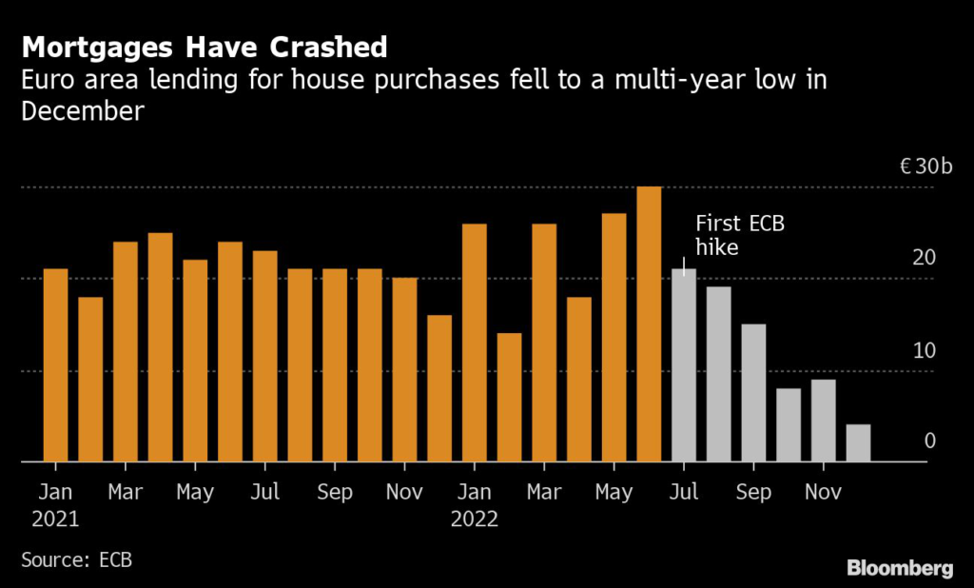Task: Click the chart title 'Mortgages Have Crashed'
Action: coord(205,47)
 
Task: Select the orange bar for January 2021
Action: coord(56,365)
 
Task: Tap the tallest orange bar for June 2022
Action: coord(649,324)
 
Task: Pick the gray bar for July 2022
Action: coord(684,365)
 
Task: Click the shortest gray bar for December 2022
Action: coord(858,443)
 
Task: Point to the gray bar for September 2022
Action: coord(753,393)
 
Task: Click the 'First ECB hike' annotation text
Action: coord(740,235)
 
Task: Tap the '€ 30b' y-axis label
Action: coord(925,168)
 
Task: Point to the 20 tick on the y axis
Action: coord(925,259)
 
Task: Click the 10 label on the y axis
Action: coord(925,350)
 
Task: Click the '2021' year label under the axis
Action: coord(55,519)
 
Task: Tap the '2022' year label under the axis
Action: coord(474,519)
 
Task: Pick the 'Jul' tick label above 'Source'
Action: coord(265,493)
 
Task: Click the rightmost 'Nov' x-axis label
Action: coord(823,493)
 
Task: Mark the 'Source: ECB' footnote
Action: coord(76,559)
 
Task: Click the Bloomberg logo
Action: coord(900,568)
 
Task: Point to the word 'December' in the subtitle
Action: coord(82,111)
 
